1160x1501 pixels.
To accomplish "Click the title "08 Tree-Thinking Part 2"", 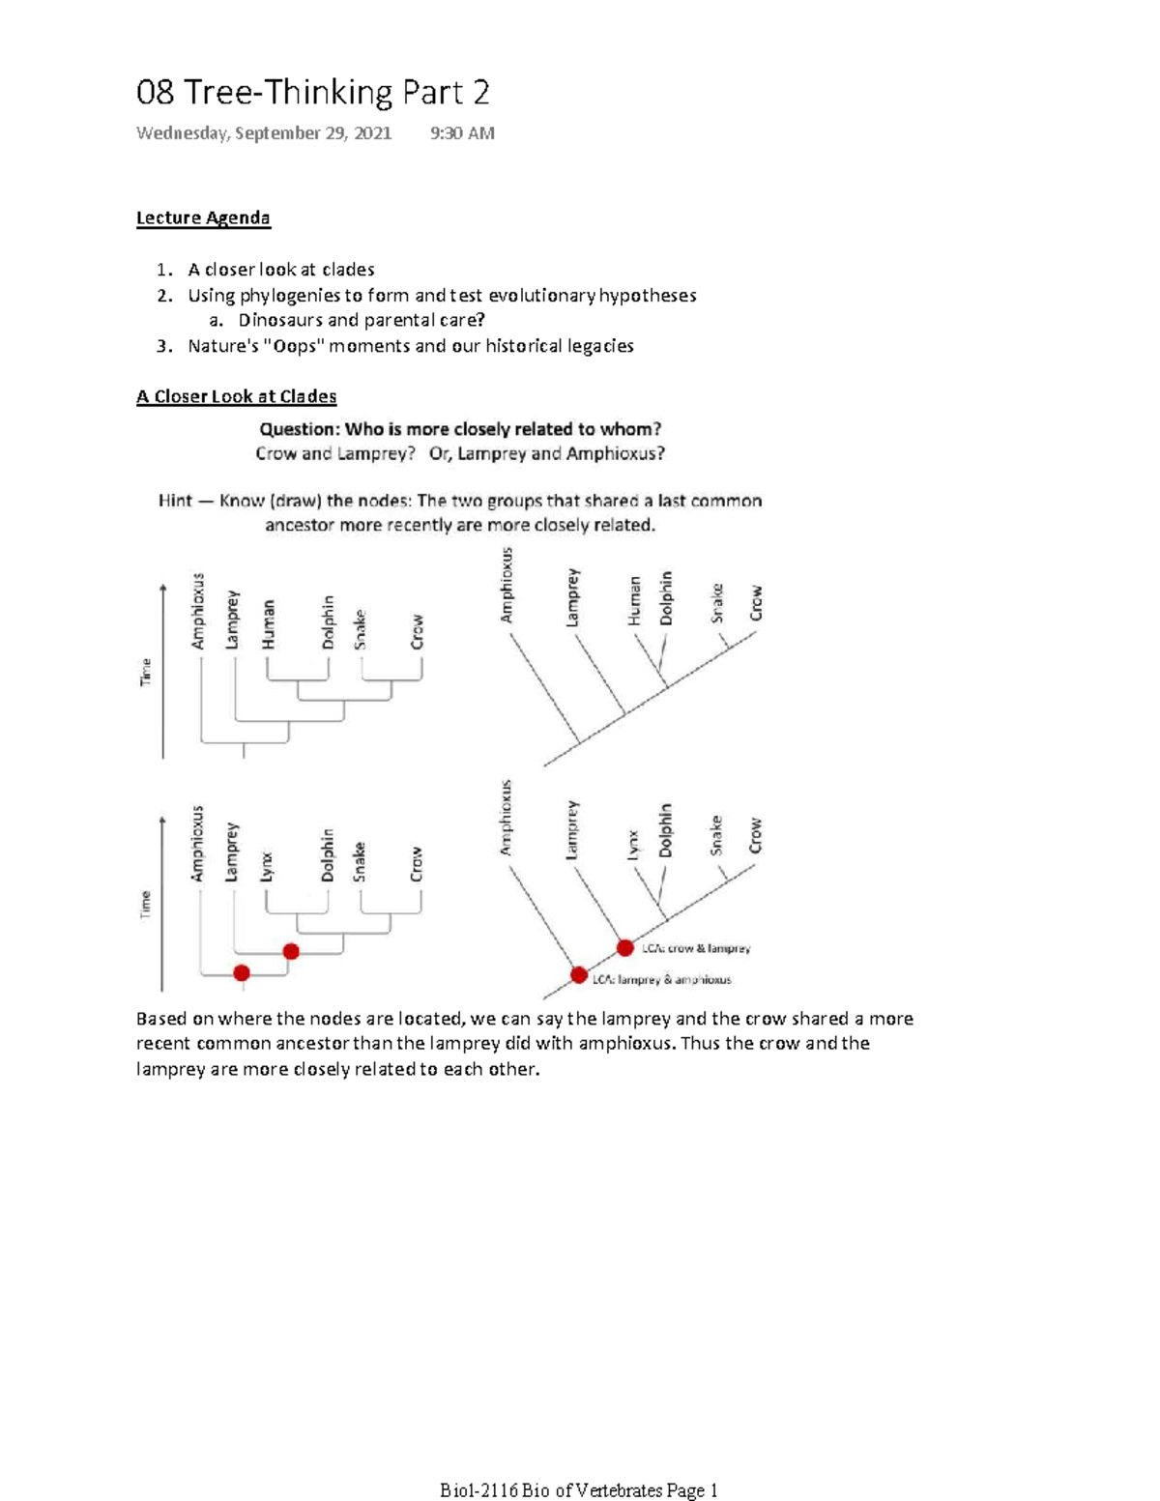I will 312,93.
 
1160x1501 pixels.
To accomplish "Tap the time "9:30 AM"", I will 462,133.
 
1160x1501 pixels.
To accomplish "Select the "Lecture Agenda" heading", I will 203,217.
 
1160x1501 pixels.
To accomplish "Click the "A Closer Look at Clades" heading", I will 236,396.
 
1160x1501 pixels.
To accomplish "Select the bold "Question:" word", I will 299,429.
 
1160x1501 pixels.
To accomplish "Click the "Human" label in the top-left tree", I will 268,624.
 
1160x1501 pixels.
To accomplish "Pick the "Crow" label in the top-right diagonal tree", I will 756,603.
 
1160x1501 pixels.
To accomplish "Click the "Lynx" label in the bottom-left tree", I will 267,866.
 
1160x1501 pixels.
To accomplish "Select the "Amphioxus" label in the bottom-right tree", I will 506,818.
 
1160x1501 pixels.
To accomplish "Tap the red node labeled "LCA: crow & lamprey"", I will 625,948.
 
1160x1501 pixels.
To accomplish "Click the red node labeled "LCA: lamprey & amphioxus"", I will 578,975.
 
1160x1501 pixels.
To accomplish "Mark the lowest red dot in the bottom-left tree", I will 242,972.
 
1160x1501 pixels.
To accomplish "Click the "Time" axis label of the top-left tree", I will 146,672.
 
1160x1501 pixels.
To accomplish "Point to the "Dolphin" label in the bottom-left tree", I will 327,854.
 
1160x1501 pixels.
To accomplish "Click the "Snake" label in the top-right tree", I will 716,603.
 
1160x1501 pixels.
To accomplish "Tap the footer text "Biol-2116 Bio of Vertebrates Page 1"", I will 578,1490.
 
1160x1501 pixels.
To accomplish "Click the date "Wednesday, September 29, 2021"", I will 264,133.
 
